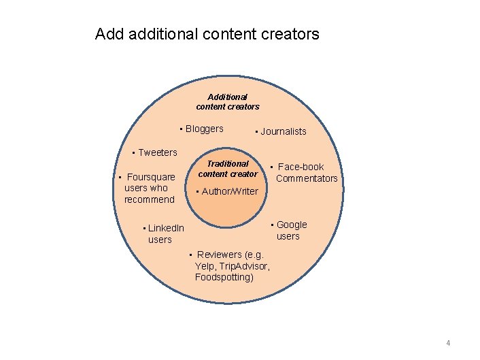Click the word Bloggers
[x=204, y=129]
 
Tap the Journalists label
[x=284, y=132]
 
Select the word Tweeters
[x=157, y=152]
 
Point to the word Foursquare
[x=151, y=177]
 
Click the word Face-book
[x=301, y=167]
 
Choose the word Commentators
[x=307, y=178]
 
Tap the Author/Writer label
[x=230, y=191]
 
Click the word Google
[x=292, y=225]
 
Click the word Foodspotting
[x=224, y=278]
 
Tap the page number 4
[x=448, y=342]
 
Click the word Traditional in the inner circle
[x=228, y=164]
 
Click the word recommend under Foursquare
[x=150, y=199]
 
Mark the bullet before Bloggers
[x=181, y=129]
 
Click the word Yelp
[x=205, y=266]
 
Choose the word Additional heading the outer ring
[x=228, y=97]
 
